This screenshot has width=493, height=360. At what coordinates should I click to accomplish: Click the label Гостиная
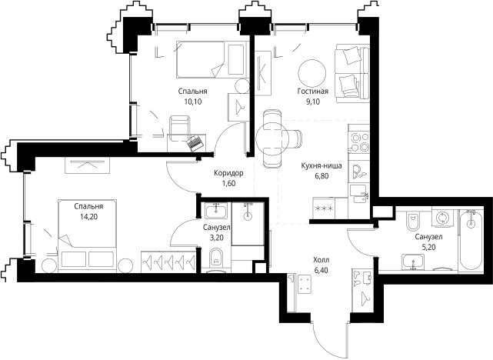click(313, 92)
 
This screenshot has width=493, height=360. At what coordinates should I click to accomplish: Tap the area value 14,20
click(88, 217)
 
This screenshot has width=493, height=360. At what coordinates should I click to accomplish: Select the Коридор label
click(228, 173)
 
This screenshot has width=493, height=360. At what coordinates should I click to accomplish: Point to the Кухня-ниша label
click(321, 165)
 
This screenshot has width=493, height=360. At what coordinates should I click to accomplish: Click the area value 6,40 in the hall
click(321, 270)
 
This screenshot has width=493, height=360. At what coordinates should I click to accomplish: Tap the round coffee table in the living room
click(312, 72)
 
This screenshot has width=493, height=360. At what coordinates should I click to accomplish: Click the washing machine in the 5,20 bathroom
click(442, 218)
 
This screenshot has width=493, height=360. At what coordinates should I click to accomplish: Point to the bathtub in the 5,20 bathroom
click(471, 239)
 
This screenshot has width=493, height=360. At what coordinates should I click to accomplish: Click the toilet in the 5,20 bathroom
click(412, 221)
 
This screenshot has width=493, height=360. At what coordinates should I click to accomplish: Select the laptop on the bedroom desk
click(195, 143)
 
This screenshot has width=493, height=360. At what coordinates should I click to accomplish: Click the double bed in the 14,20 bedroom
click(87, 235)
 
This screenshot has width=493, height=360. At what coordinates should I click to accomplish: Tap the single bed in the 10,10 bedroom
click(210, 59)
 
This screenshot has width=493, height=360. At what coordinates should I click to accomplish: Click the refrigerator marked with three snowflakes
click(324, 208)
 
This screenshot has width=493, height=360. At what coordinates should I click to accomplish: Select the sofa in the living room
click(351, 73)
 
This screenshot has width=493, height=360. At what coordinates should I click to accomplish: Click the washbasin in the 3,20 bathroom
click(215, 210)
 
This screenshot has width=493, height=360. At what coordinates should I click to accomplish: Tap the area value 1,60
click(228, 183)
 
